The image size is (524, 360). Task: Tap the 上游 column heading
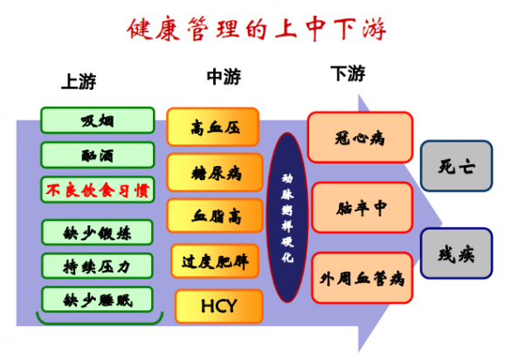coord(79,83)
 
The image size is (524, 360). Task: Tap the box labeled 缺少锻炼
coord(97,231)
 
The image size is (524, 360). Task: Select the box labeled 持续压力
coord(97,264)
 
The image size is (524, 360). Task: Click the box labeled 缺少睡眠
coord(97,298)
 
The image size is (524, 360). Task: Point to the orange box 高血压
coord(213,127)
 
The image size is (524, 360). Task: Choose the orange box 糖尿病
coord(213,171)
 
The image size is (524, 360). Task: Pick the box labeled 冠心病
coord(360,137)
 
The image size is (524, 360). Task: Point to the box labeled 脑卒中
coord(360,209)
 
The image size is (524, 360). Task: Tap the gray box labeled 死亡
coord(456,164)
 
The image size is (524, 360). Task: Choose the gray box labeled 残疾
coord(456,254)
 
